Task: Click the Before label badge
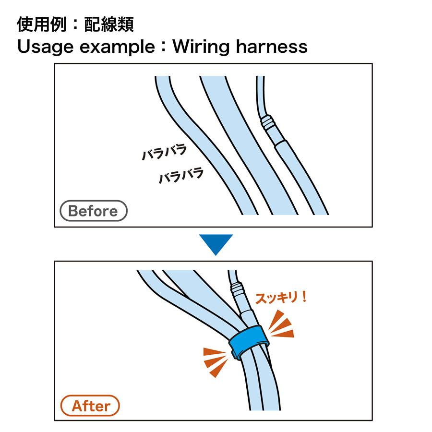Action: [x=94, y=211]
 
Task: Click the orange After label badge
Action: [x=90, y=406]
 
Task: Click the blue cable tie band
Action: [x=248, y=341]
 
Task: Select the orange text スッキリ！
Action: [x=281, y=298]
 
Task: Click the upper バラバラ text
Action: [x=164, y=152]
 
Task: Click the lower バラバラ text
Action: [x=181, y=175]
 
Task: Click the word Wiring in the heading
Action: [x=201, y=47]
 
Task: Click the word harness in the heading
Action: [x=272, y=46]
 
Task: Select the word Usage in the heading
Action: [x=45, y=47]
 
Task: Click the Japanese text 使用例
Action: [x=42, y=24]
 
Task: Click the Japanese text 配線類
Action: [x=109, y=24]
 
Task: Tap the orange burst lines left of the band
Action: [x=215, y=361]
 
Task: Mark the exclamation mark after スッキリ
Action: [x=304, y=297]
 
